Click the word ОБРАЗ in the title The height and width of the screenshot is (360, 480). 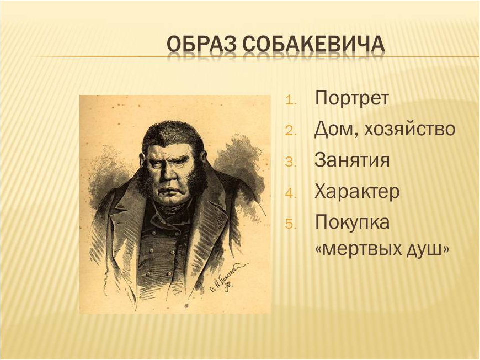point(202,44)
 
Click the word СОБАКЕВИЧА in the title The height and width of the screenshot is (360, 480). point(314,44)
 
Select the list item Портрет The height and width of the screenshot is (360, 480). point(352,99)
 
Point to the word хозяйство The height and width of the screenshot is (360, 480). point(409,130)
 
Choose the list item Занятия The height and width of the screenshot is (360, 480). point(352,160)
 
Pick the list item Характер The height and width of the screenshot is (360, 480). point(357,191)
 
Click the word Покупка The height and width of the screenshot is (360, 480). point(352,222)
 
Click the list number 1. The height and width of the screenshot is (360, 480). point(291,100)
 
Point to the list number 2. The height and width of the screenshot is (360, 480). point(291,131)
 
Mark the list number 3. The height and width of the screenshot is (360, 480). point(291,162)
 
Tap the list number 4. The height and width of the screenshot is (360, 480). point(291,193)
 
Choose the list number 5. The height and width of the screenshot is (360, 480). point(291,224)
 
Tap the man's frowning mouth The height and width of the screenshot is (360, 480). point(170,193)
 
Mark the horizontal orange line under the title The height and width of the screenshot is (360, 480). point(255,56)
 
